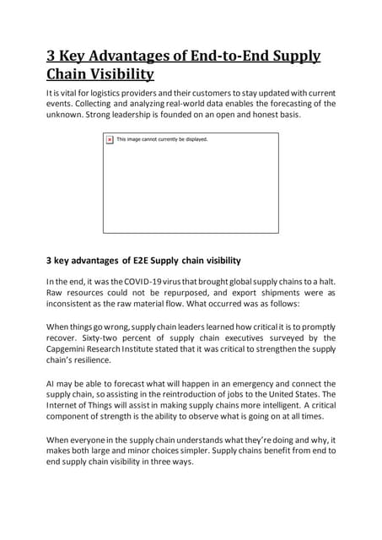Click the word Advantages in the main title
135,57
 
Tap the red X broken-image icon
110,139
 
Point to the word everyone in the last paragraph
94,440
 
